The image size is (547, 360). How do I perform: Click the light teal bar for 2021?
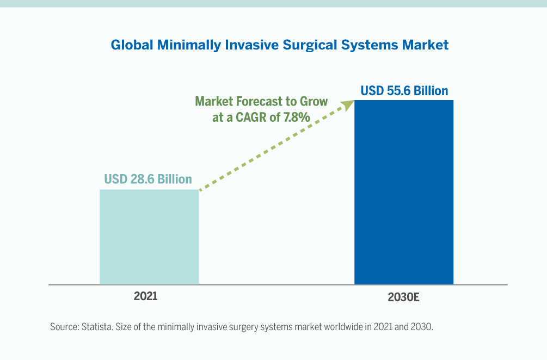149,237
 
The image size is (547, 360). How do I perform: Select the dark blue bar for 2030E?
403,192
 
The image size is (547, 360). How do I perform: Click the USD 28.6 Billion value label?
148,179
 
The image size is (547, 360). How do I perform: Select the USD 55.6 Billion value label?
404,90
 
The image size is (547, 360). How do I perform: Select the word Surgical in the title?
311,45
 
